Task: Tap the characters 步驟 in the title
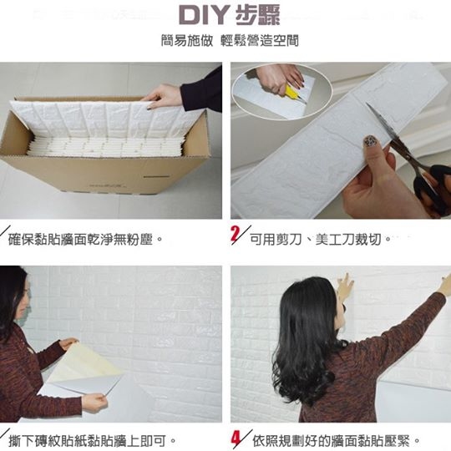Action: (x=257, y=15)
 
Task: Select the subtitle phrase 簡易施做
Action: (x=187, y=41)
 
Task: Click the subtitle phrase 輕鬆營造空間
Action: (x=260, y=41)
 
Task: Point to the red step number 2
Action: (x=235, y=234)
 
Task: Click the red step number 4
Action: (x=236, y=438)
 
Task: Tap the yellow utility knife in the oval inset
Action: (x=292, y=93)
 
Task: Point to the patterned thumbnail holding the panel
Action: (x=369, y=141)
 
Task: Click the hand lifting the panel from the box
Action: (x=161, y=95)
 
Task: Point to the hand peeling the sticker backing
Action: (x=94, y=402)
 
